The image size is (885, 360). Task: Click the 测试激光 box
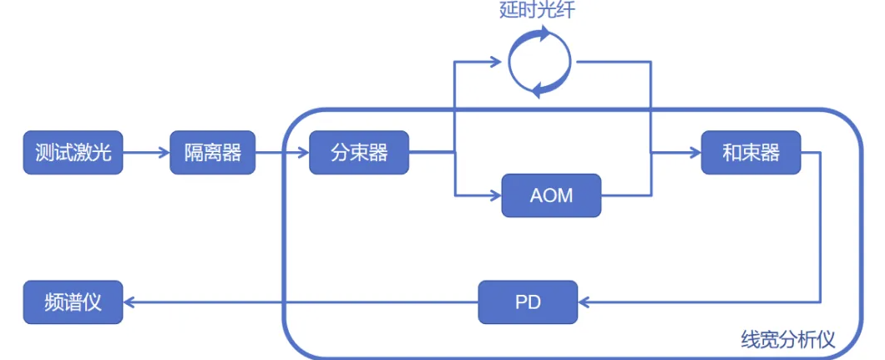(x=73, y=153)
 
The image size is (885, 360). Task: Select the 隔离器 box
(x=212, y=153)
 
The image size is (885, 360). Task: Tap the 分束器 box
(x=359, y=153)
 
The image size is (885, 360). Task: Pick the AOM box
(x=551, y=195)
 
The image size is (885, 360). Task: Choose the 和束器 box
(x=751, y=153)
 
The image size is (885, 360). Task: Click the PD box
(x=528, y=302)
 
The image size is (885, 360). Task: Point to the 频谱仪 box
(x=73, y=302)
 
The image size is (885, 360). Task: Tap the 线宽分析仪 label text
(x=787, y=339)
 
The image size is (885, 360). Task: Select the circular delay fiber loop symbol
(x=540, y=60)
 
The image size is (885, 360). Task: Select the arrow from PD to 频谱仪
(x=301, y=302)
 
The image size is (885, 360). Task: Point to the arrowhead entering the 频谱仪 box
(x=130, y=302)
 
